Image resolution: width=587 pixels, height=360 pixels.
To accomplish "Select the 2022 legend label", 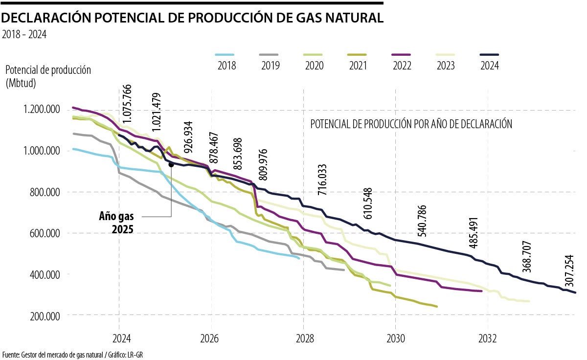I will [401, 65].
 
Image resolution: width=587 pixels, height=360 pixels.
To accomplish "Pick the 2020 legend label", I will [313, 65].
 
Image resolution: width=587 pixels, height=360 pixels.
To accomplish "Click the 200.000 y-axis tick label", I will [42, 315].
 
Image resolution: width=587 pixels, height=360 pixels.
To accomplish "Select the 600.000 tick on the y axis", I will [42, 233].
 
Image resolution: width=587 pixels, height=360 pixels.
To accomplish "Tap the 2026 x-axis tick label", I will [211, 338].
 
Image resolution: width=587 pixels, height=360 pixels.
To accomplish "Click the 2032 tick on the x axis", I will [488, 338].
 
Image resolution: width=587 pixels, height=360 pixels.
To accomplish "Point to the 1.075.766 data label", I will [127, 104].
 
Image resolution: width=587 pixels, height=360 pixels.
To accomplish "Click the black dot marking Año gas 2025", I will [171, 165].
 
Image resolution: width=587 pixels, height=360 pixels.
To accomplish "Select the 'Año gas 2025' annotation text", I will [116, 223].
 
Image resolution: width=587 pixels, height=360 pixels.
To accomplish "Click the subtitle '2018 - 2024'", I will [24, 35].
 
